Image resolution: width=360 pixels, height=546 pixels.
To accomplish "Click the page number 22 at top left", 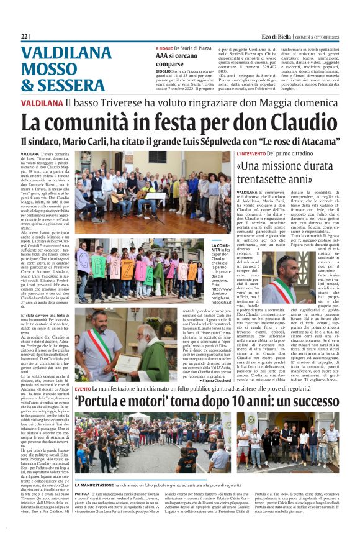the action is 24,36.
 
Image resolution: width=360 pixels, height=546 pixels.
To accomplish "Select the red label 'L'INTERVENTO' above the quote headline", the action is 253,153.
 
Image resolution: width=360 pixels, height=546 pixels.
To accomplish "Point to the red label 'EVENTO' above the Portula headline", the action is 83,388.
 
